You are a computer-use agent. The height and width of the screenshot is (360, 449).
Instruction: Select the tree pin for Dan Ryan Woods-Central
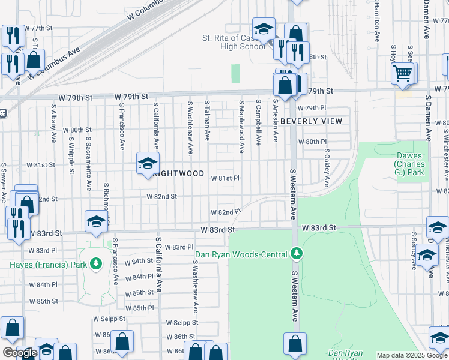click(x=295, y=254)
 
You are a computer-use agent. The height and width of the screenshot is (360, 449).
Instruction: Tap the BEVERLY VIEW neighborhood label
click(x=311, y=121)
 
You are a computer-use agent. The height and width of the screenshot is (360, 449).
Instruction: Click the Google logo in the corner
click(x=20, y=353)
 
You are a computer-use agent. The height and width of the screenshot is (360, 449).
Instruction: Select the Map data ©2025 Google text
click(x=412, y=355)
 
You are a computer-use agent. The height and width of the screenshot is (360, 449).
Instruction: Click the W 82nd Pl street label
click(x=225, y=212)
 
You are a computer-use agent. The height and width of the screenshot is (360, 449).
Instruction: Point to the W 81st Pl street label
click(x=224, y=178)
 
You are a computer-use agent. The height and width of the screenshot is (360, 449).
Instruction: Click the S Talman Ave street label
click(x=207, y=121)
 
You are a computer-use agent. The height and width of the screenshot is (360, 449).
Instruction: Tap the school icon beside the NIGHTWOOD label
click(x=148, y=163)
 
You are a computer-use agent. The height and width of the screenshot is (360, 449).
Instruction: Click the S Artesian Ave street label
click(x=275, y=120)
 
